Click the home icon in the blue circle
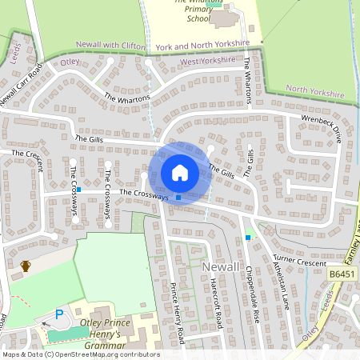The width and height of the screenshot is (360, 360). coord(180,173)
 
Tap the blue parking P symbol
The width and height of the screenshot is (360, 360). coord(58,315)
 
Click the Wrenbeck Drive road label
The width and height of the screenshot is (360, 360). coord(321,127)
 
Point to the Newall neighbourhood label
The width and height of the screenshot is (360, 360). coord(222,266)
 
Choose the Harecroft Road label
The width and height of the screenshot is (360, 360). coord(214,304)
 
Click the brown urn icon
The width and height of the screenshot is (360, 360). coord(26,266)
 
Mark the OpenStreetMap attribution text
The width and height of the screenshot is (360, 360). coord(81,354)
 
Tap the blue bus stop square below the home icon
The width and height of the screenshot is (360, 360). coord(178,198)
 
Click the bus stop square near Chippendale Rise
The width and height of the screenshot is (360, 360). coord(248,237)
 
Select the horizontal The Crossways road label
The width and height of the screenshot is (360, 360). coord(144,194)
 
